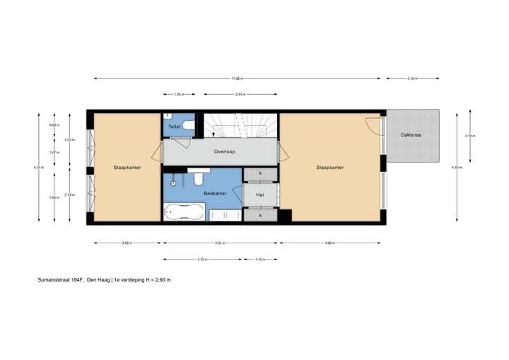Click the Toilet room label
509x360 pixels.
tap(175, 126)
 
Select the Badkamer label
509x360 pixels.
tap(215, 193)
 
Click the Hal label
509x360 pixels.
tap(259, 193)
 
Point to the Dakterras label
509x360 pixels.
tap(411, 135)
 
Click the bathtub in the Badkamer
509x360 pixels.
tap(184, 211)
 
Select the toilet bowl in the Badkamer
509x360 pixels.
tap(199, 177)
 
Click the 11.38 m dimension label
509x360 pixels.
tap(238, 79)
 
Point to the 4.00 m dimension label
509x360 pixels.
tap(329, 243)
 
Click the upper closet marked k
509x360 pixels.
tap(260, 173)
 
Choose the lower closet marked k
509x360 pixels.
tap(260, 215)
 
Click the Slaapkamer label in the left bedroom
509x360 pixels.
tap(127, 168)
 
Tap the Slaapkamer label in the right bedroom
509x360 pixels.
tap(329, 168)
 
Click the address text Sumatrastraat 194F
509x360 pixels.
tap(61, 280)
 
